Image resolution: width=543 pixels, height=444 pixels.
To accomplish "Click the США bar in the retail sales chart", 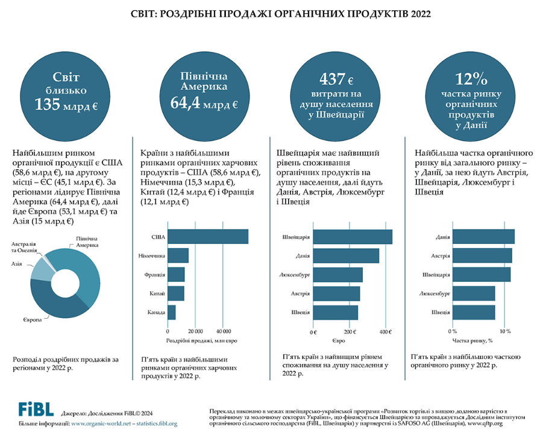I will [208, 237].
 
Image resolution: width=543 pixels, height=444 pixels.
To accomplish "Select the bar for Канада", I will [172, 312].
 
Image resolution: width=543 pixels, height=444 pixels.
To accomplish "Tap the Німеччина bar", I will [178, 255].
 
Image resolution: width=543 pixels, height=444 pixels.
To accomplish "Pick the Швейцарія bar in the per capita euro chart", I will [352, 237].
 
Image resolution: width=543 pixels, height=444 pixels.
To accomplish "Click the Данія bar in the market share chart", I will [483, 237].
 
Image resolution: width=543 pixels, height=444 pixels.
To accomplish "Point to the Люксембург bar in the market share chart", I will [473, 293].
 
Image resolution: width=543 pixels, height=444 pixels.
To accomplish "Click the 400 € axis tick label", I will [385, 332].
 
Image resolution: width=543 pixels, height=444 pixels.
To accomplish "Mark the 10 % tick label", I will [505, 331].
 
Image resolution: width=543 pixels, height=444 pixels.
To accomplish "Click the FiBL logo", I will [36, 409].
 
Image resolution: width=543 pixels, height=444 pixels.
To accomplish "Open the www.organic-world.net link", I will [101, 424].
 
